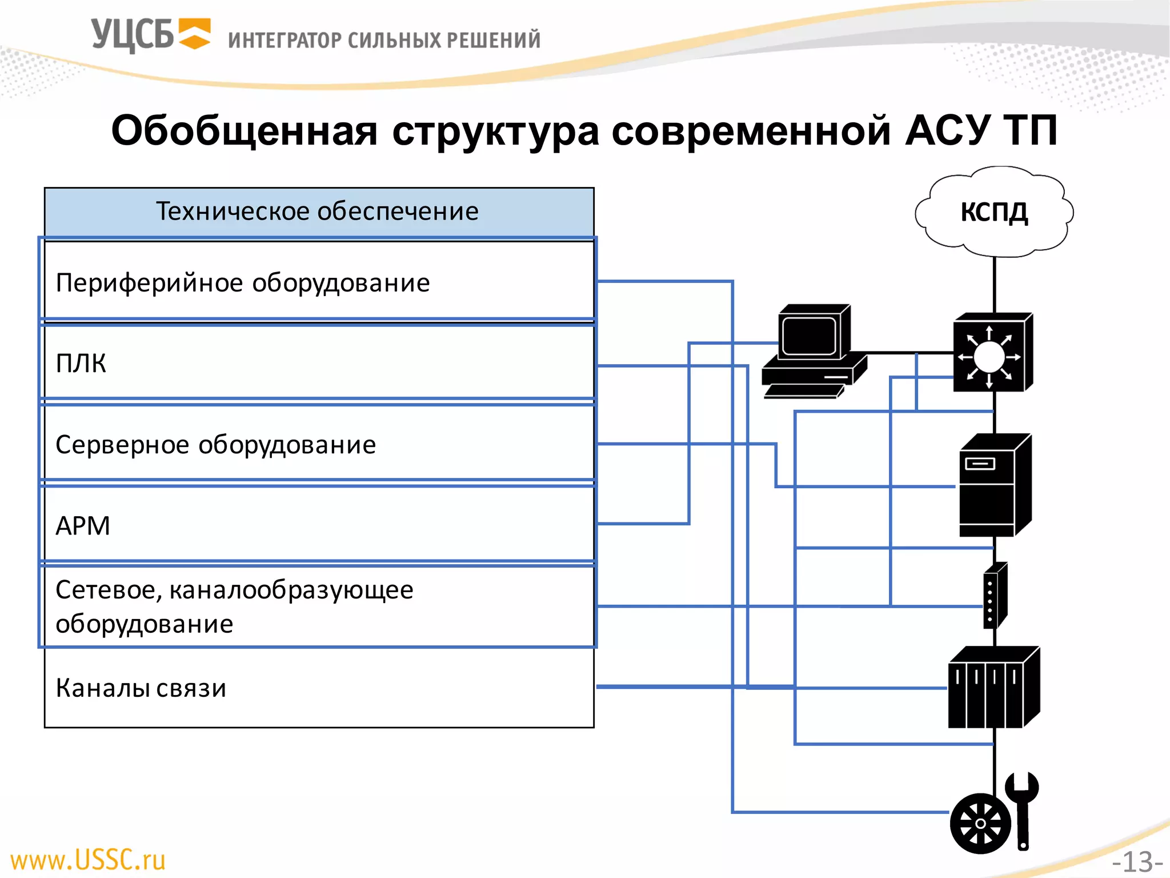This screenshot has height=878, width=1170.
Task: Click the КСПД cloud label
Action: (x=994, y=212)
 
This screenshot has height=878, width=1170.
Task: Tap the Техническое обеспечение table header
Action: (x=318, y=211)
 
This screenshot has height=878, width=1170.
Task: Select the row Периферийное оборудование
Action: (x=243, y=283)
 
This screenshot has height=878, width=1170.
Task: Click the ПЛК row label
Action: (x=81, y=363)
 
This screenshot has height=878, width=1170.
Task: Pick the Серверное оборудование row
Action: (x=216, y=445)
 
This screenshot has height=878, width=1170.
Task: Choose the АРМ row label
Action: (x=83, y=525)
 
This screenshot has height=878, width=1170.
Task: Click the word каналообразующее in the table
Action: (x=291, y=589)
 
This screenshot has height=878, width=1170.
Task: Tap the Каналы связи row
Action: (x=141, y=688)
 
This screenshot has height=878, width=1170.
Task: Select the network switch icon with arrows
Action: (x=992, y=353)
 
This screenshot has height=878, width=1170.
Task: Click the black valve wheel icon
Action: (x=980, y=823)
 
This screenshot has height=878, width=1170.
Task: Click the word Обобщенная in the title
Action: (x=244, y=131)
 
